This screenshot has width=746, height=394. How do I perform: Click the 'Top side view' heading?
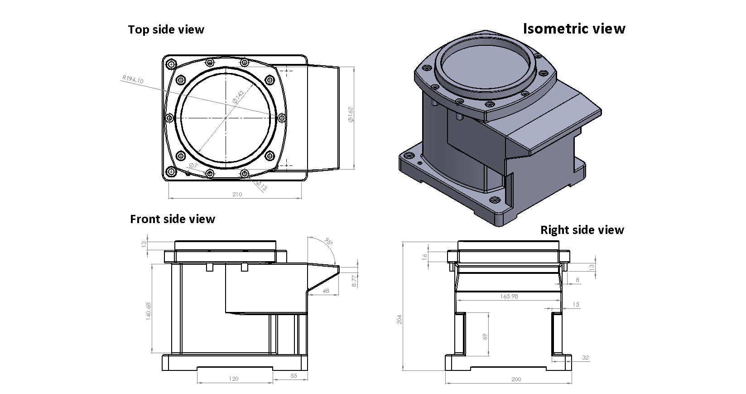pyautogui.click(x=166, y=30)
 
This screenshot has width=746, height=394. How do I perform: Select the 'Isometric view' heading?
pyautogui.click(x=574, y=29)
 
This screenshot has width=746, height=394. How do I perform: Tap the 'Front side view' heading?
pyautogui.click(x=172, y=219)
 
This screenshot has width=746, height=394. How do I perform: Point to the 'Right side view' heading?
pyautogui.click(x=582, y=230)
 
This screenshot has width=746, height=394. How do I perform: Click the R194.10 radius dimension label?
pyautogui.click(x=133, y=80)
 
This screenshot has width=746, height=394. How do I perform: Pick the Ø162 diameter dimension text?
pyautogui.click(x=350, y=114)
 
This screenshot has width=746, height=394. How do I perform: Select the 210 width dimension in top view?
pyautogui.click(x=237, y=195)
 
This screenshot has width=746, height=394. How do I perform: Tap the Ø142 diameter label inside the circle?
pyautogui.click(x=238, y=96)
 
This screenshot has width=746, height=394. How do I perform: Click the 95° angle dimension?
pyautogui.click(x=329, y=242)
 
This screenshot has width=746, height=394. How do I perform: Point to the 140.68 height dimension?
pyautogui.click(x=149, y=311)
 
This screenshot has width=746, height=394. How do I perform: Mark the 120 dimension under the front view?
pyautogui.click(x=234, y=379)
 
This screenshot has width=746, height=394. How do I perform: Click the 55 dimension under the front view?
pyautogui.click(x=293, y=376)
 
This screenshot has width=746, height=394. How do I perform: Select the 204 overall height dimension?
pyautogui.click(x=399, y=319)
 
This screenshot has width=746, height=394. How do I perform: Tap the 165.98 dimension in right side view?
pyautogui.click(x=509, y=296)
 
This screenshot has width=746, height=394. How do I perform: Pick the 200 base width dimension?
pyautogui.click(x=516, y=379)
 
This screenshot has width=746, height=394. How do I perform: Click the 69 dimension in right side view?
pyautogui.click(x=485, y=336)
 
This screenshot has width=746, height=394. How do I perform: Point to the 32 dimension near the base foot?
pyautogui.click(x=585, y=358)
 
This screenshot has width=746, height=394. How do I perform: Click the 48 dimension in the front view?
pyautogui.click(x=326, y=291)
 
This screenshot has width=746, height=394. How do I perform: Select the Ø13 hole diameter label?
pyautogui.click(x=262, y=185)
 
